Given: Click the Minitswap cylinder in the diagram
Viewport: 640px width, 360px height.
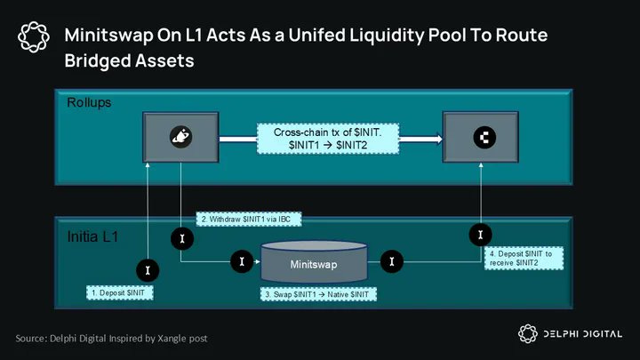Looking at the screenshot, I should coord(313,264).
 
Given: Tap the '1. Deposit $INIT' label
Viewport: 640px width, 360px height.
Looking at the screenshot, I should coord(121,292).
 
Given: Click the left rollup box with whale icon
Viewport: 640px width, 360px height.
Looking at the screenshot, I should coord(181,138).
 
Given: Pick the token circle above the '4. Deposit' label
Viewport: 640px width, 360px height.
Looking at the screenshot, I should coord(479,235).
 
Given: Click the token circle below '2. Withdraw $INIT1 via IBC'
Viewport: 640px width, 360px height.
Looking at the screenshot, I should coord(180,240).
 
